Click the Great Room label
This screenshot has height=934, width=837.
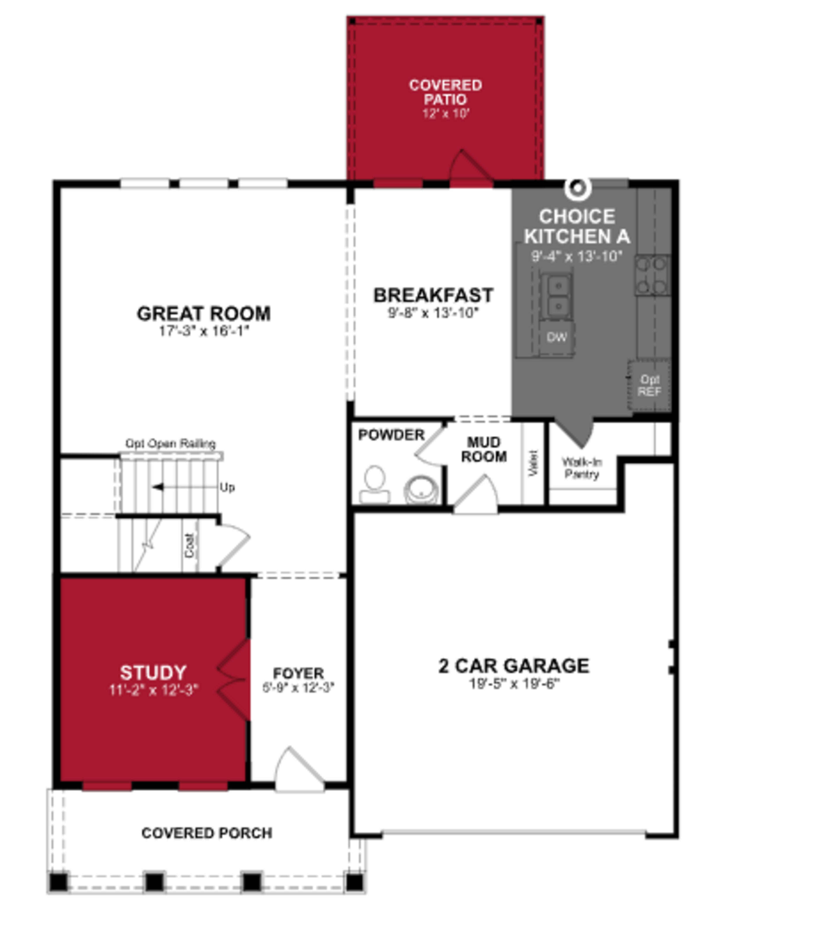[x=204, y=314]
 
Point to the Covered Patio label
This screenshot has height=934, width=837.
[x=445, y=92]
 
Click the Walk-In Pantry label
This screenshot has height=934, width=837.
[x=582, y=468]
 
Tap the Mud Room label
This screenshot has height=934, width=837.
[x=484, y=450]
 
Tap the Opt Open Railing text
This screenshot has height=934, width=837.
[x=171, y=443]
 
